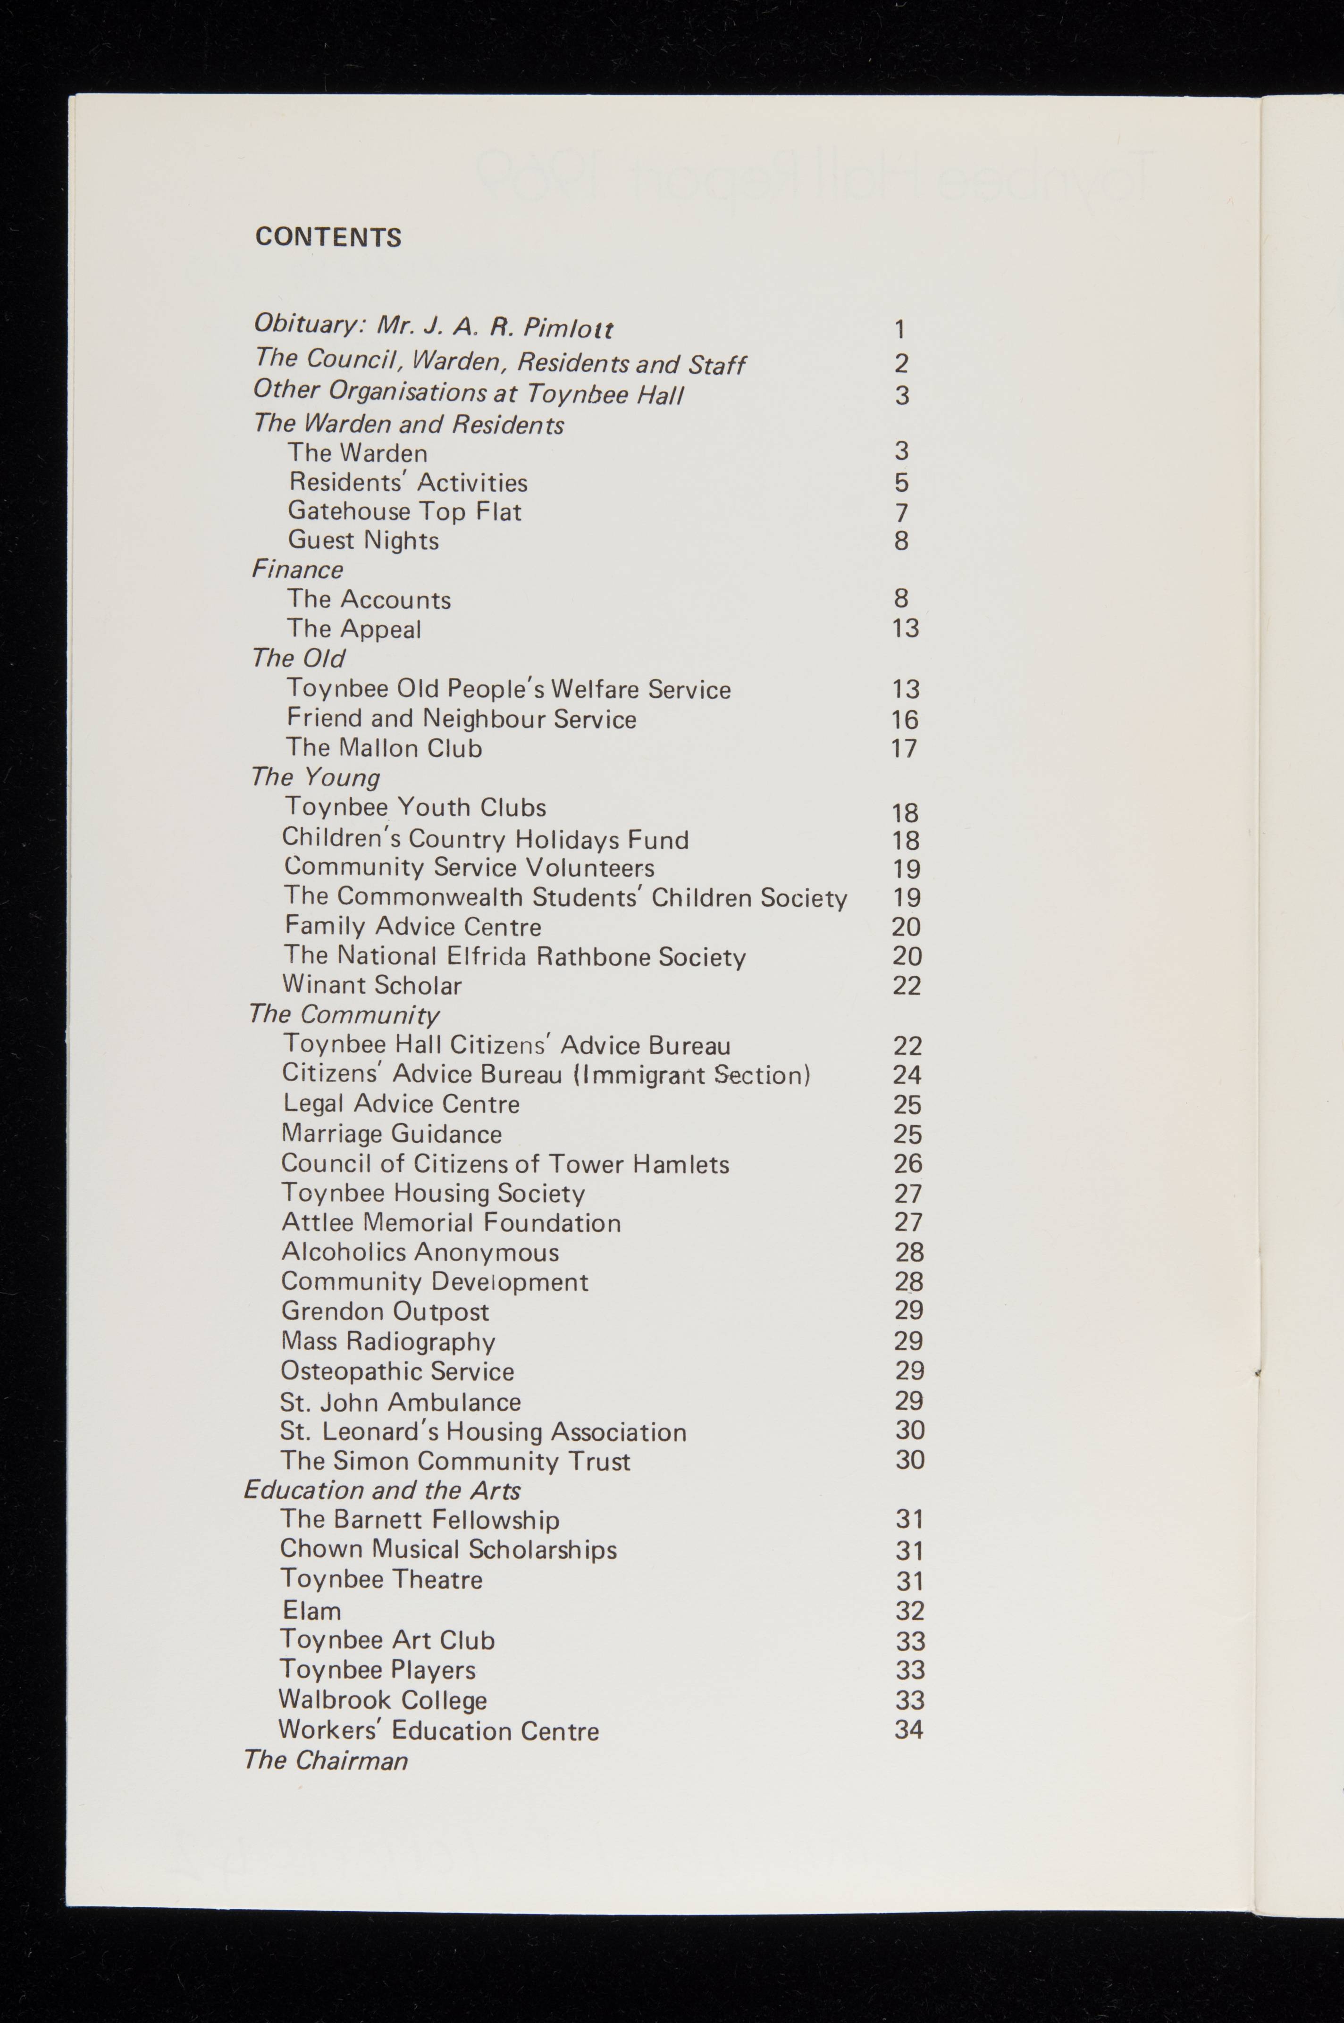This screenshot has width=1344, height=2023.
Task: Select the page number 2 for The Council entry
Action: pos(901,363)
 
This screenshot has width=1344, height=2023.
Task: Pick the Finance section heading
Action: pos(297,570)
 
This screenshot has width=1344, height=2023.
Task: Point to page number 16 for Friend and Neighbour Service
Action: pos(904,720)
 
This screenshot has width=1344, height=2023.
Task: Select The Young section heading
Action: pos(315,777)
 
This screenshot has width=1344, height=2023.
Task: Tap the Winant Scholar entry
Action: pos(372,986)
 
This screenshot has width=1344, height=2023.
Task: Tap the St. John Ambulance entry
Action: pos(400,1402)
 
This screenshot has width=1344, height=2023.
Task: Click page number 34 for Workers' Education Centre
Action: pos(908,1729)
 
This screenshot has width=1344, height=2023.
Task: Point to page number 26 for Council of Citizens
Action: pos(907,1163)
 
